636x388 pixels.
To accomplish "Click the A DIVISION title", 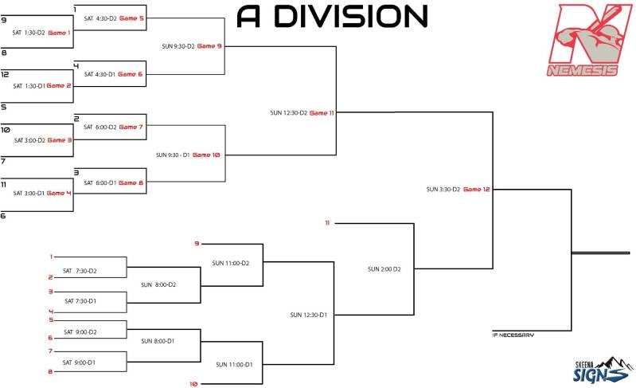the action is coord(332,15).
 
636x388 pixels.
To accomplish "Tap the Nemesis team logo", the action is coord(588,40).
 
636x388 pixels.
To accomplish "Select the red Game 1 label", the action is coord(59,33).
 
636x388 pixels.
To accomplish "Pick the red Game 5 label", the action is coord(131,18).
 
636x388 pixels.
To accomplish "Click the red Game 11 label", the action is coord(321,113).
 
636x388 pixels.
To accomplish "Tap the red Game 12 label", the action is coord(476,190).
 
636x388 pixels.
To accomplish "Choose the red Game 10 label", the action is coord(206,155).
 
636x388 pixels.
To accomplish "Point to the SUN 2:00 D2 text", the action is coord(384,269).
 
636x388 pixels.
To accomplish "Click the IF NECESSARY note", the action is coord(513,335).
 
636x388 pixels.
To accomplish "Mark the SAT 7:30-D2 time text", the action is coord(80,271).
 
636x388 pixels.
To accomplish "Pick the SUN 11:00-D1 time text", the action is coord(234,364).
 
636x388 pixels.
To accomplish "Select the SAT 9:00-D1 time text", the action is coord(80,363).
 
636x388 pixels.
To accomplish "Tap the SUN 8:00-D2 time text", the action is coord(158,284).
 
